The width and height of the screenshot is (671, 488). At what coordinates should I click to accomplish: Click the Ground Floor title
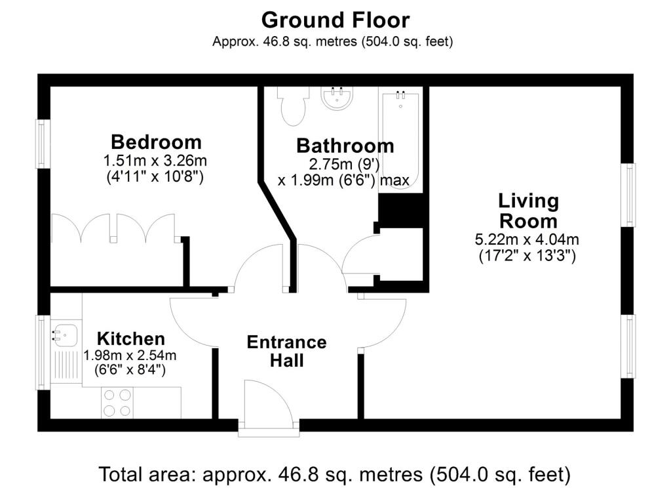(335, 20)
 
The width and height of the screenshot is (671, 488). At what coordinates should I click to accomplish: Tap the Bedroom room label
(156, 142)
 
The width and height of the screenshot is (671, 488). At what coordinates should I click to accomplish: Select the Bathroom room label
(345, 146)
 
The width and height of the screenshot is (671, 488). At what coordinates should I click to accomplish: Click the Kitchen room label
(131, 338)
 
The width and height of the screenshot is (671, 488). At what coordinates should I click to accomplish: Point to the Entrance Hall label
(287, 351)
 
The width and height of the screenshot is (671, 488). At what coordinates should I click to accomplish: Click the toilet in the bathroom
(293, 106)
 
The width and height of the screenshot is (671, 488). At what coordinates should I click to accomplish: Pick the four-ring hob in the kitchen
(117, 403)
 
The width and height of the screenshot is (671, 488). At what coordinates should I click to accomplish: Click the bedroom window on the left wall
(43, 144)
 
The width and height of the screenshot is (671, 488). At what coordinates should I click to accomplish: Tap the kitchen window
(43, 352)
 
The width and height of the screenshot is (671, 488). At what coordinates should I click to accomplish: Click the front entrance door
(268, 407)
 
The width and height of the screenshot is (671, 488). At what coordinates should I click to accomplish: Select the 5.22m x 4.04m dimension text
(527, 239)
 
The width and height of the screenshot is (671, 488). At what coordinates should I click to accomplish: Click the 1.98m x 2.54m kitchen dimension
(130, 356)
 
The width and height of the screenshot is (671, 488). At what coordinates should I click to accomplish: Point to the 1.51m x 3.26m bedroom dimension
(155, 161)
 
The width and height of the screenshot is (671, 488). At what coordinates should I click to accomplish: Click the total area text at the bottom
(335, 474)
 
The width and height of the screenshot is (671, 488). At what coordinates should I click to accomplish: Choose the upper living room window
(628, 195)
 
